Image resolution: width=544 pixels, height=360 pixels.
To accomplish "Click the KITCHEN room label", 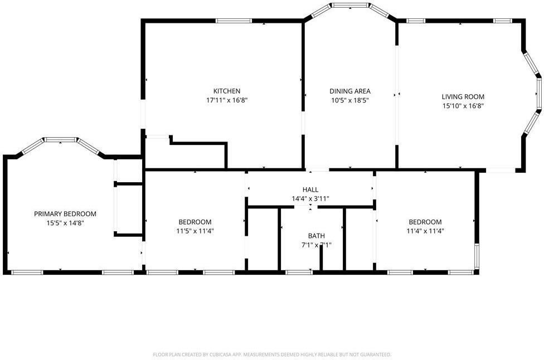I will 227,91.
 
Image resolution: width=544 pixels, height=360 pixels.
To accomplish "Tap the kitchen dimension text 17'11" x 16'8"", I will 227,101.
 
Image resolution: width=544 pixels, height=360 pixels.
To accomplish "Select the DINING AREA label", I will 350,91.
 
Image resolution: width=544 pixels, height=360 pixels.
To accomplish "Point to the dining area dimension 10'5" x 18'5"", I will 350,101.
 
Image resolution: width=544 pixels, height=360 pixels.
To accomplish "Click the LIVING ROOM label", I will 463,96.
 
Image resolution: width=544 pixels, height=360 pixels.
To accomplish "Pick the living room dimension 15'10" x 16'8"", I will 463,106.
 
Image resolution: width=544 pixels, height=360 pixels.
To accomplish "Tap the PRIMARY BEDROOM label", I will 65,214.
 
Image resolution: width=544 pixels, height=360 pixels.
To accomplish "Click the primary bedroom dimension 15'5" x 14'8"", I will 65,223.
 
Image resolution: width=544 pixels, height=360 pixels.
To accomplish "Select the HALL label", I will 310,189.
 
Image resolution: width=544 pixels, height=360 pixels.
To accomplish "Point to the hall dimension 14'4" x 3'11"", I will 310,198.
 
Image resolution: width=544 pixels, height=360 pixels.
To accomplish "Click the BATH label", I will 316,236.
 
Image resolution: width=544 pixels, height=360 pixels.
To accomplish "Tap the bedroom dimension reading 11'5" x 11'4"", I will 195,231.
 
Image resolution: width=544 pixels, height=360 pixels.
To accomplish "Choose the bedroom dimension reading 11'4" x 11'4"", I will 425,231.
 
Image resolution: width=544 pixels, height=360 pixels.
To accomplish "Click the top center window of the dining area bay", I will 350,6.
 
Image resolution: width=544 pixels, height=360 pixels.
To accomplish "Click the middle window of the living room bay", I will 539,95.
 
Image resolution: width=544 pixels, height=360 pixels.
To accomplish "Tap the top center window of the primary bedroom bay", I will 61,140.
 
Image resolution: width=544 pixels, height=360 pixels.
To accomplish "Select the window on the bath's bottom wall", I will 299,273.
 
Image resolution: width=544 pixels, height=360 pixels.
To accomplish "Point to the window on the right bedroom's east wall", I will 477,257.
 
